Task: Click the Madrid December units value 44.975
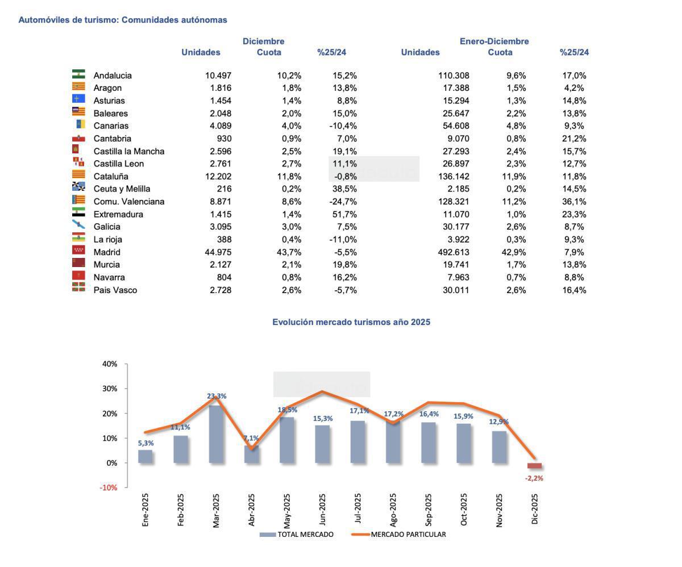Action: tap(218, 252)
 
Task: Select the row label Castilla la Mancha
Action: tap(128, 151)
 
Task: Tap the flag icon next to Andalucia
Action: tap(78, 74)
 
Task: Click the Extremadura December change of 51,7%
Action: tap(344, 214)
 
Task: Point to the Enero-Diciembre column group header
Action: tap(494, 41)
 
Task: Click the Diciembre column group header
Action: tap(263, 41)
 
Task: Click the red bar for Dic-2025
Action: tap(534, 466)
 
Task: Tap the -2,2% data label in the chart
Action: tap(534, 478)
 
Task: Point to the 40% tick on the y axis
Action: tap(110, 364)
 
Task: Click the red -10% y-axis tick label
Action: tap(109, 487)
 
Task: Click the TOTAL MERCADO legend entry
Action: tap(297, 535)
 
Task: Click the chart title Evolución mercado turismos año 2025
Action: tap(351, 322)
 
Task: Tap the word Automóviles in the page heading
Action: tap(40, 20)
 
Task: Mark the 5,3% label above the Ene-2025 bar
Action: tap(145, 443)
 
